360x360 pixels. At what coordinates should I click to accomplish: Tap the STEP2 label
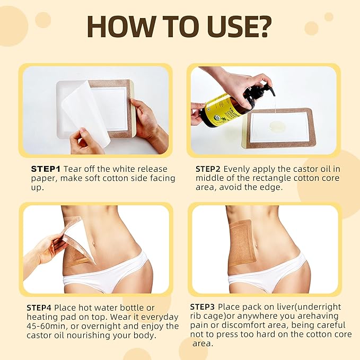(x=208, y=169)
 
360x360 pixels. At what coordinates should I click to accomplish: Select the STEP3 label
(x=203, y=307)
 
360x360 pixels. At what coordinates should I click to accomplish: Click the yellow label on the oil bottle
(x=219, y=109)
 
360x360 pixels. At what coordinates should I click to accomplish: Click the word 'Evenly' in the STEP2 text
(x=236, y=169)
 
